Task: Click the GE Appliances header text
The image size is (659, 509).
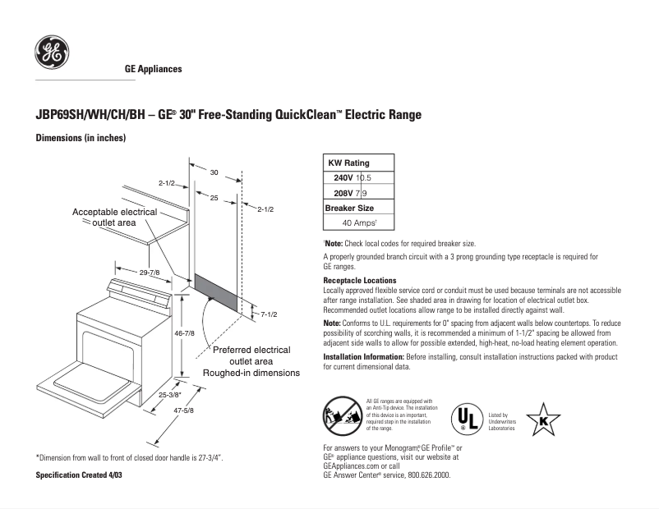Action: point(153,69)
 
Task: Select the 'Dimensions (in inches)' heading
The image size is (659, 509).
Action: point(80,138)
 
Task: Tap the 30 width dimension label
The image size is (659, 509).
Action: point(214,172)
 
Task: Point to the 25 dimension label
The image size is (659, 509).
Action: point(214,198)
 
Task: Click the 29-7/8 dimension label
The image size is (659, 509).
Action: point(149,272)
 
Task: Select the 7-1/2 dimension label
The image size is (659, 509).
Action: point(270,314)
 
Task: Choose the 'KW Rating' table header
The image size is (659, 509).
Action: point(348,163)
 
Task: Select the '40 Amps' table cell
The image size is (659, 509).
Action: point(358,222)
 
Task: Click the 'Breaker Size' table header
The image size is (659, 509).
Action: point(349,208)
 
